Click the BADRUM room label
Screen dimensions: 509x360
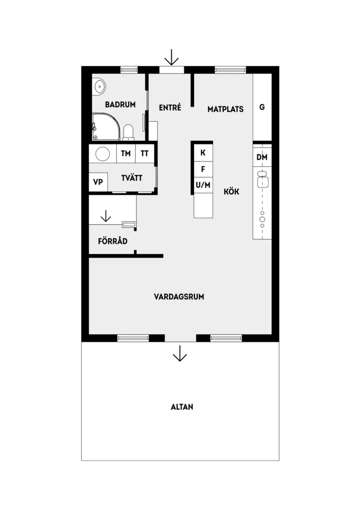[x=120, y=105]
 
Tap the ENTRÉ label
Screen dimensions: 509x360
[x=170, y=107]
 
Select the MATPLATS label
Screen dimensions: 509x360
[x=225, y=109]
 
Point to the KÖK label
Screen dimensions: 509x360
[x=232, y=191]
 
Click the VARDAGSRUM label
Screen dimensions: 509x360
[x=179, y=297]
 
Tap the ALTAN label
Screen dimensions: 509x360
[x=182, y=407]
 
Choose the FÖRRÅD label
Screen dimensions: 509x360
[x=113, y=241]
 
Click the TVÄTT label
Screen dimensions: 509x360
[x=132, y=178]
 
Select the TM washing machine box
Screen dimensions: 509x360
[x=126, y=154]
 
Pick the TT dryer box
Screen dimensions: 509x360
[x=145, y=154]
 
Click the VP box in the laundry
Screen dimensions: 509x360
[x=98, y=182]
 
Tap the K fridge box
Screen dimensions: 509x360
[x=203, y=153]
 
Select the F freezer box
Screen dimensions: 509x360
[x=203, y=169]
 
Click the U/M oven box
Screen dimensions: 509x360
[x=203, y=185]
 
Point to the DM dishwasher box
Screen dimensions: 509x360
[x=262, y=157]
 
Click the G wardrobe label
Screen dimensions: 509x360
[x=262, y=107]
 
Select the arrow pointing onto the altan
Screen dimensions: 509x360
[x=180, y=353]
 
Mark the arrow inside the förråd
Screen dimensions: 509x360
[x=105, y=216]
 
